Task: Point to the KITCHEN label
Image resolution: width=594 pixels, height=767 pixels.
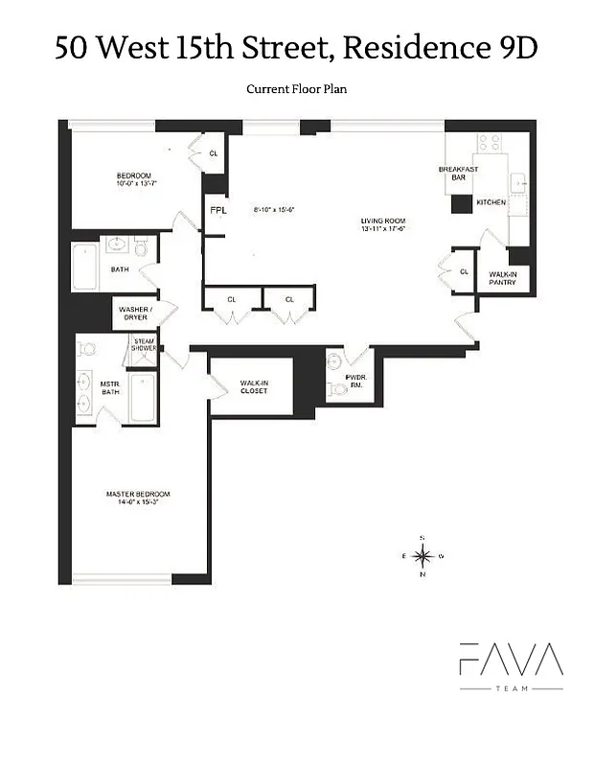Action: [491, 202]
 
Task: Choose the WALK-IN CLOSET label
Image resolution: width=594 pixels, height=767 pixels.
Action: [254, 387]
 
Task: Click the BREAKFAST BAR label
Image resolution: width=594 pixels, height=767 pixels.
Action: [457, 174]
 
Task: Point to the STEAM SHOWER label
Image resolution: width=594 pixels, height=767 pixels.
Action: [144, 345]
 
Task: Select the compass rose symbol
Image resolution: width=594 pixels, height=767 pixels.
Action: [422, 555]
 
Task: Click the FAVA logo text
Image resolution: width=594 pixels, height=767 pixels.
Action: [510, 661]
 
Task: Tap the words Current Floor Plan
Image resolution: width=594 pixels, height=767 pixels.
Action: [295, 89]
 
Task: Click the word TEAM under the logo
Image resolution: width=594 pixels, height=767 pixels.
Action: [510, 689]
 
